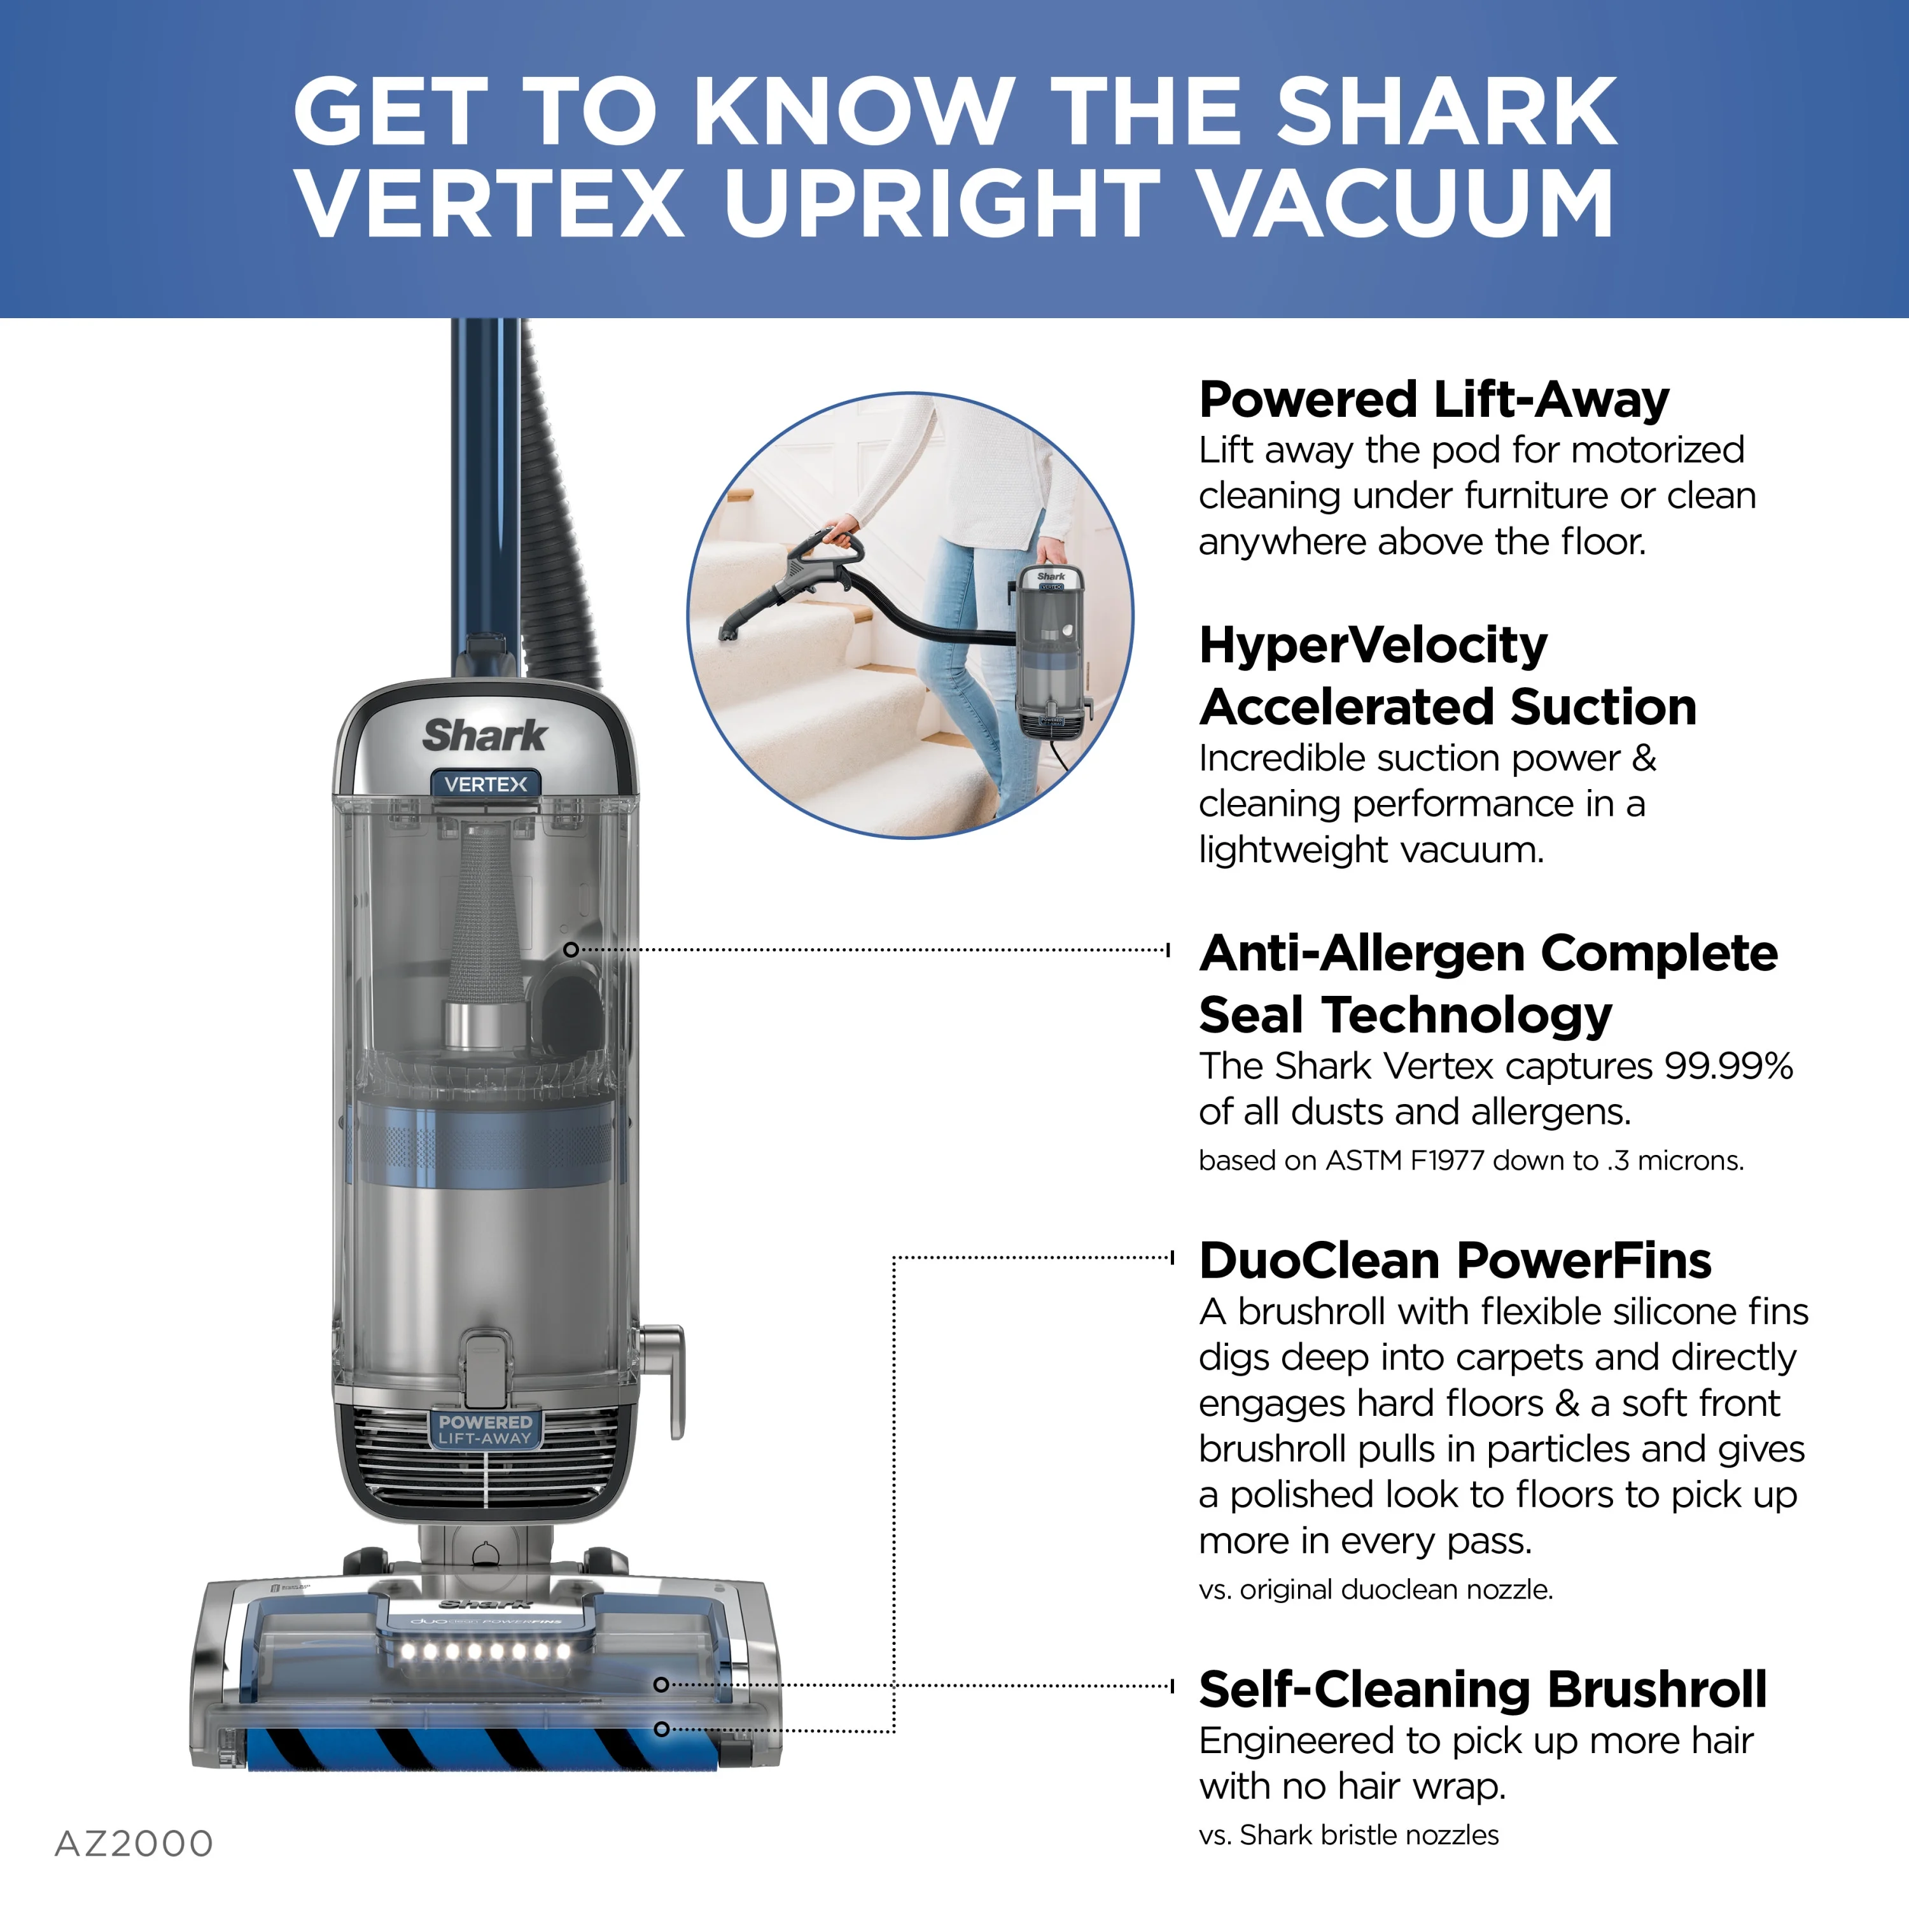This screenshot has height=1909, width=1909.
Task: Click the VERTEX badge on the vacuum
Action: point(486,783)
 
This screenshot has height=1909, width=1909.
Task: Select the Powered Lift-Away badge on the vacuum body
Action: point(485,1430)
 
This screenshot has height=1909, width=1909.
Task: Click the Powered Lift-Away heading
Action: point(1434,400)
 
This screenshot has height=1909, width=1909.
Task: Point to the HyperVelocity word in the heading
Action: point(1373,645)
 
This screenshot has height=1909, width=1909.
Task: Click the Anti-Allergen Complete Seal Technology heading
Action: point(1488,984)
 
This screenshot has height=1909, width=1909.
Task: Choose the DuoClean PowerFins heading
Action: point(1455,1261)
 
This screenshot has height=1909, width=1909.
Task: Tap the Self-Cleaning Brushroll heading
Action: point(1482,1689)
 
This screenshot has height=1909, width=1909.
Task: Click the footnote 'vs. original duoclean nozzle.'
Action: point(1375,1589)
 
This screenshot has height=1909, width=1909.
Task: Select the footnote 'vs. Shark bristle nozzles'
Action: point(1349,1835)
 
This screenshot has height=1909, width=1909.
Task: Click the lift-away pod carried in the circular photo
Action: point(1053,653)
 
